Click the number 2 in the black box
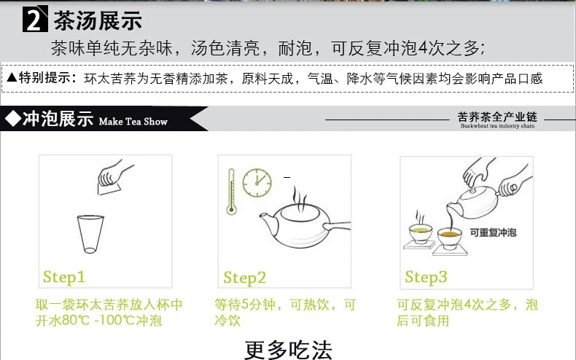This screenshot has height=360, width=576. point(34,20)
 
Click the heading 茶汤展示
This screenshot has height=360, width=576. point(97,20)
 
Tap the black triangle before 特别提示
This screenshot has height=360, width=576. point(11,77)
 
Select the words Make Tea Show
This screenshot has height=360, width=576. point(132,122)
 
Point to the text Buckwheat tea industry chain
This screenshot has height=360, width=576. point(497,126)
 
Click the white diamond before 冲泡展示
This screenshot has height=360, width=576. point(12,119)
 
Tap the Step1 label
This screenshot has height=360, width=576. point(64,277)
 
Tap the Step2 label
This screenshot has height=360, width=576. point(245,278)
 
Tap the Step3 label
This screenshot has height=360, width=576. point(426,277)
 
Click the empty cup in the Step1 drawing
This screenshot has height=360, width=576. point(87,234)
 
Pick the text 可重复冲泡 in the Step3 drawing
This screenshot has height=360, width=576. point(494,233)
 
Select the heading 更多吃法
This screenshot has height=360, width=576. point(288,350)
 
